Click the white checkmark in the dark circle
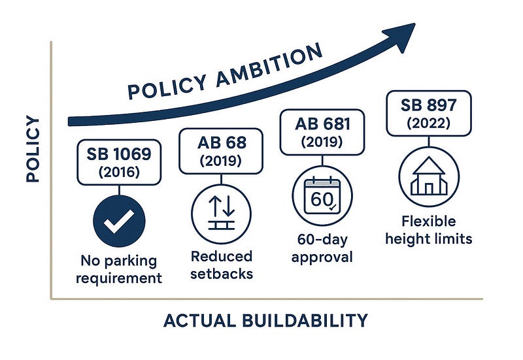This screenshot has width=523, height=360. [118, 221]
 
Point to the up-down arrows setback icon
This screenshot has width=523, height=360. [222, 213]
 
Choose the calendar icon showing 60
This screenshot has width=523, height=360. [322, 196]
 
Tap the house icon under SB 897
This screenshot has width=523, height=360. [429, 176]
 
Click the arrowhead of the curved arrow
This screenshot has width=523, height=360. [401, 37]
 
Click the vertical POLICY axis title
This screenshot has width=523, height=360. [33, 149]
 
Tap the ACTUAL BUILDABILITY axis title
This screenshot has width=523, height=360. [266, 320]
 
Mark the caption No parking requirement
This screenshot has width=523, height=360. [119, 269]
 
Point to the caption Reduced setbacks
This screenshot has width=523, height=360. [222, 265]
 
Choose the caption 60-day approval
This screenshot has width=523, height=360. [322, 248]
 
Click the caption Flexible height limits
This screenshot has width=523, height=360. [429, 230]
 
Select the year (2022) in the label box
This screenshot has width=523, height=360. [429, 123]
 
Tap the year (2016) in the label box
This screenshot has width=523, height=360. [119, 172]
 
